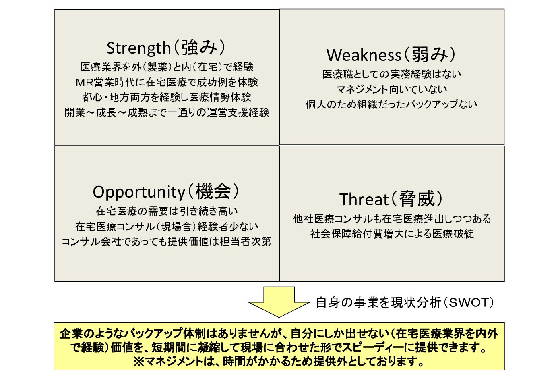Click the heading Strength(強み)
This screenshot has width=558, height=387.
(x=166, y=48)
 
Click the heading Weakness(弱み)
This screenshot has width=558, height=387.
(x=391, y=54)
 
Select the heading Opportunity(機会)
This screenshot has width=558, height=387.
(x=166, y=191)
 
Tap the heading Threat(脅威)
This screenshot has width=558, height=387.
(x=391, y=199)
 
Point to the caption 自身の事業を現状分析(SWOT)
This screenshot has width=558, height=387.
(x=405, y=302)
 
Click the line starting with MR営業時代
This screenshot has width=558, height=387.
(x=167, y=82)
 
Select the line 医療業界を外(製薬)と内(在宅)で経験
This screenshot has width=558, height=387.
(x=167, y=67)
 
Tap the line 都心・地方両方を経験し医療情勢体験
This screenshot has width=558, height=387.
(x=167, y=97)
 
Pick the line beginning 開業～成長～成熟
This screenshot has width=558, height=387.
(x=167, y=112)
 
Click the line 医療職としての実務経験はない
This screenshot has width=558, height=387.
(x=392, y=74)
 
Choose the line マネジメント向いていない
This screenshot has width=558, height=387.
(x=392, y=89)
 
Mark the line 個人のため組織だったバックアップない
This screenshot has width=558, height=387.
(x=392, y=104)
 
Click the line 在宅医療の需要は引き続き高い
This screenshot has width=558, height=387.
(x=167, y=211)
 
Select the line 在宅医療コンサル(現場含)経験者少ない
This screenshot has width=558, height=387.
(x=167, y=227)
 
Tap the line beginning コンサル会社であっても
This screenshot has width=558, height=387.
(x=166, y=241)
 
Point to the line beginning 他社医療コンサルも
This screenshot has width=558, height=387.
(x=392, y=218)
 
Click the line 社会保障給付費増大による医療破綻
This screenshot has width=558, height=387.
(x=392, y=234)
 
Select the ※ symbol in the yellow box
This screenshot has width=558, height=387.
(x=138, y=362)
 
